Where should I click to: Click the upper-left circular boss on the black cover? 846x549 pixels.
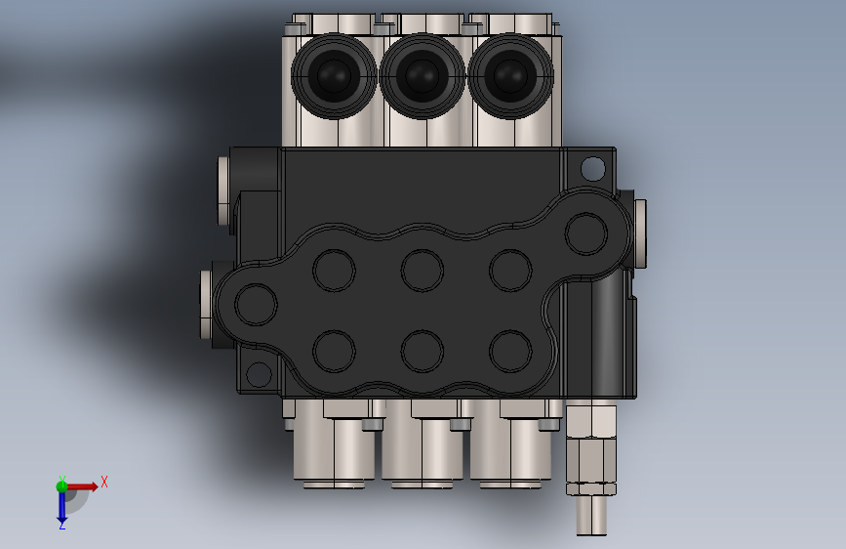click(x=334, y=270)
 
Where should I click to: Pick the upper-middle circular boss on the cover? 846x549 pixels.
click(x=422, y=270)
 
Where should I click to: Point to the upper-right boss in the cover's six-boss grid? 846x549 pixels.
click(x=509, y=270)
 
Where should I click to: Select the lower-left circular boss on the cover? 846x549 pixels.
click(x=334, y=350)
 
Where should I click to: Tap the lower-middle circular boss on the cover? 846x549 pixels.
click(x=422, y=350)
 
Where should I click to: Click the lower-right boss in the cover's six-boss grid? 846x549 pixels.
click(x=509, y=350)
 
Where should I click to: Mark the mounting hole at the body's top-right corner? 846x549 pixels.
click(x=592, y=168)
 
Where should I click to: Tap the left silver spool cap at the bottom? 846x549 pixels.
click(x=333, y=446)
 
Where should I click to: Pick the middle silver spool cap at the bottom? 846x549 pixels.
click(x=422, y=446)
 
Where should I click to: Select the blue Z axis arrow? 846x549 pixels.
click(x=61, y=508)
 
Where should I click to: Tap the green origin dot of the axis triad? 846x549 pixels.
click(x=62, y=486)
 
